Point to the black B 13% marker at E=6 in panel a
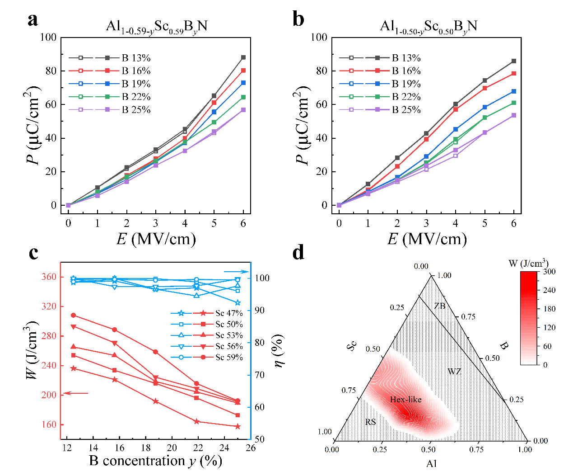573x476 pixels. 243,57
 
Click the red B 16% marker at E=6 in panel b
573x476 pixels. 514,73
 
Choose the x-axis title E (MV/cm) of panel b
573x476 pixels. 427,238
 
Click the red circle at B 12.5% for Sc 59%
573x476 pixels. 74,315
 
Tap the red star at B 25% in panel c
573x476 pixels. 238,426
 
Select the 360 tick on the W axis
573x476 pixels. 51,277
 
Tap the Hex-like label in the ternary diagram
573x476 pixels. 405,400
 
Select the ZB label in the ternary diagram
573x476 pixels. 439,306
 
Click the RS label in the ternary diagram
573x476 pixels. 370,422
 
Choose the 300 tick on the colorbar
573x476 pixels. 549,272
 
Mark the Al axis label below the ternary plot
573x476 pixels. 431,463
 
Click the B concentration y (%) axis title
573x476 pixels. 156,461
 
